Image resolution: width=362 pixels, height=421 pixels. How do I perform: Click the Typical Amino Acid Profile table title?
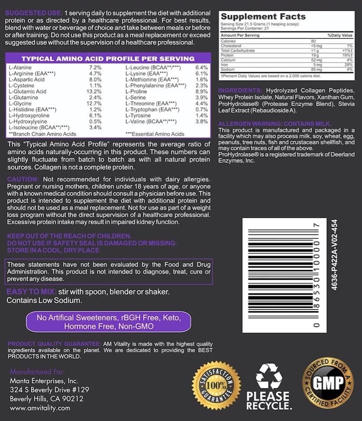coord(108,59)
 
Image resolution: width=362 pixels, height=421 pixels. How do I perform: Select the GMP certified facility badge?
coord(328,382)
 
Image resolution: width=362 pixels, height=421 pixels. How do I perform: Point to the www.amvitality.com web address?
coord(40,408)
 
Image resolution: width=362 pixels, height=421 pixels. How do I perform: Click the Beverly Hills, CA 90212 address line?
coord(46,399)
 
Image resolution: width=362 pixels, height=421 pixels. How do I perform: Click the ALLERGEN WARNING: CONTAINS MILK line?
coord(275,124)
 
